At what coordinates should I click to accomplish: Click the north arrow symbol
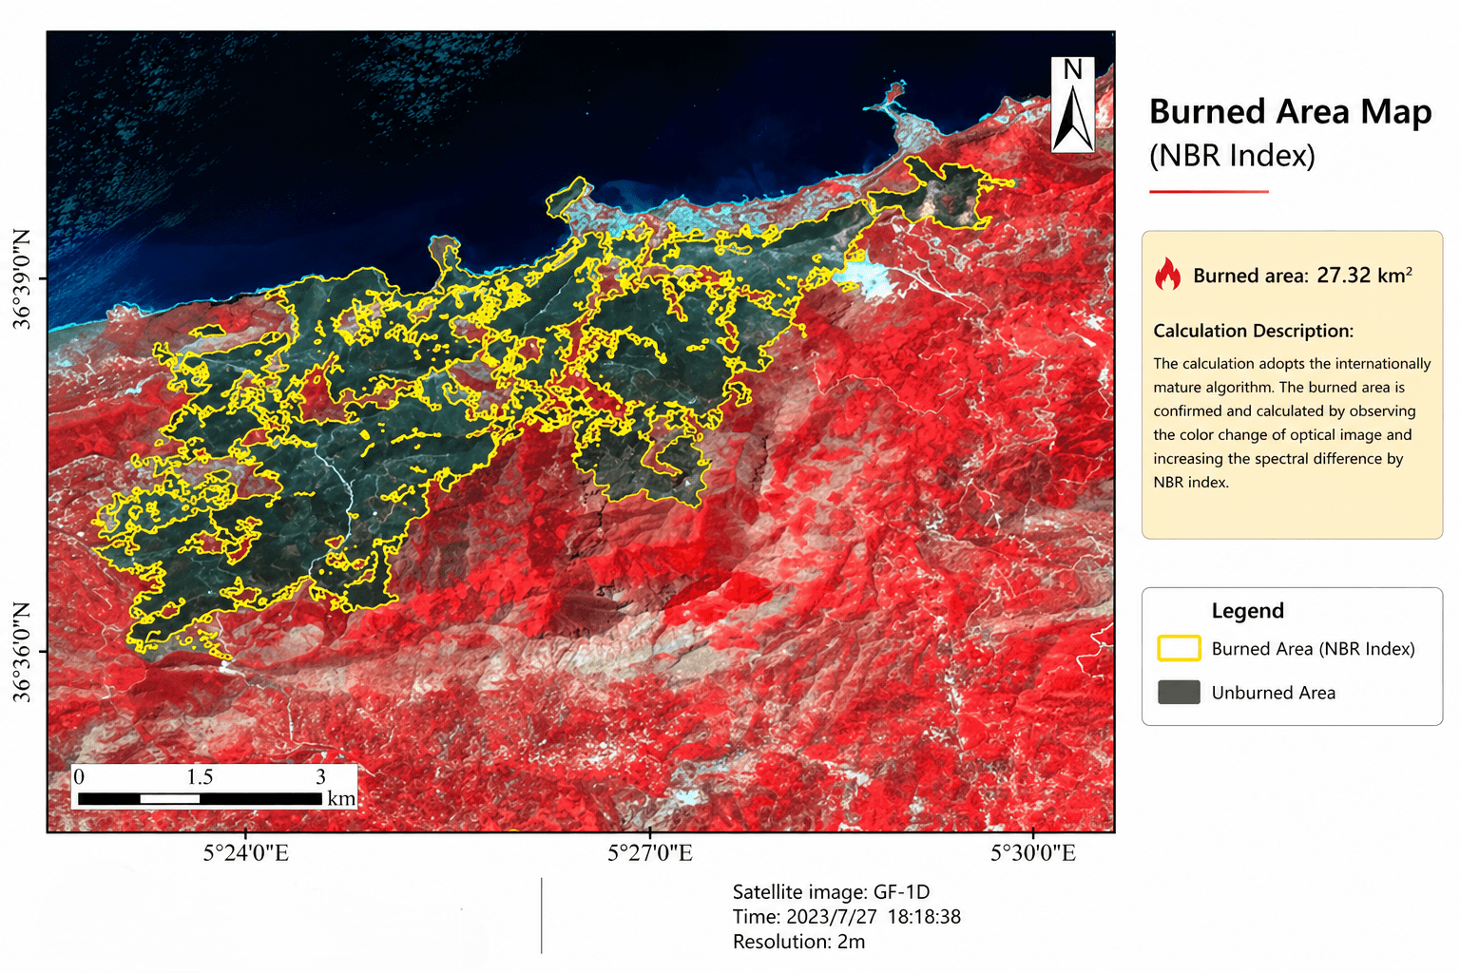tap(1072, 106)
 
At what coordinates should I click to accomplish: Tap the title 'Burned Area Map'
tap(1290, 112)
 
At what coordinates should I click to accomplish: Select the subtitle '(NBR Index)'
tap(1232, 155)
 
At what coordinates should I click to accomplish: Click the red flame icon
tap(1167, 275)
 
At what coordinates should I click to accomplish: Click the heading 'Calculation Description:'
tap(1253, 331)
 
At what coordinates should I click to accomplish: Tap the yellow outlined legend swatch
tap(1179, 648)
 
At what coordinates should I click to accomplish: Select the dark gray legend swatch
tap(1179, 692)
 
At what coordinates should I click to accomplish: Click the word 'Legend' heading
tap(1247, 611)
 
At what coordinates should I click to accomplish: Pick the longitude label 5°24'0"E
tap(245, 853)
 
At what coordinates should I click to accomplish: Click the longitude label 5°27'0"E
tap(650, 853)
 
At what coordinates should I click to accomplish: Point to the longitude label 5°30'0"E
tap(1033, 853)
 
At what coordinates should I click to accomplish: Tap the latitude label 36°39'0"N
tap(22, 279)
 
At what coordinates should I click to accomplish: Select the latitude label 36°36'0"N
tap(22, 652)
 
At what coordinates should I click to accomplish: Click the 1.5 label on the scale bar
tap(200, 777)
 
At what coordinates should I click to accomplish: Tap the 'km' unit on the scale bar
tap(341, 798)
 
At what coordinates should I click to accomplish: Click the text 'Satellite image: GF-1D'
tap(831, 892)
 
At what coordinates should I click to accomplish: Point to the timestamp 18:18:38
tap(924, 917)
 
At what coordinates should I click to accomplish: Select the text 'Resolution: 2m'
tap(798, 942)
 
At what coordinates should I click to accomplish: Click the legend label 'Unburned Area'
tap(1273, 693)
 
